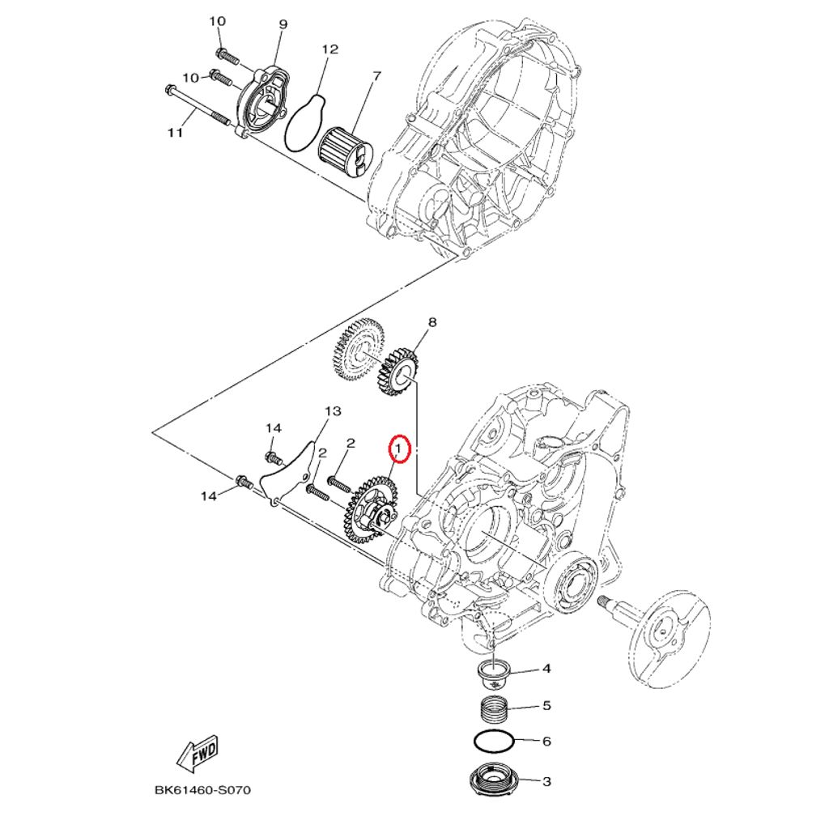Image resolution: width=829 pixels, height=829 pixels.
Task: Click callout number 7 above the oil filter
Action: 376,77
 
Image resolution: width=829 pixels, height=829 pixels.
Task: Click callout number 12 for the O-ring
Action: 329,50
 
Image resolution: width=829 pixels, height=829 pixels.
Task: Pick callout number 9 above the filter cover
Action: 283,24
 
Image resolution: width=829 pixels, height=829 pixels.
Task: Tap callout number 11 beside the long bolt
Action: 176,134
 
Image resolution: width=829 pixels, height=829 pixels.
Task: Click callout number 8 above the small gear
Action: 432,322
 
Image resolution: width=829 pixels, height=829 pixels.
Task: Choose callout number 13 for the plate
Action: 333,412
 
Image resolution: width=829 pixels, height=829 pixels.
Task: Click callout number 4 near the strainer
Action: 546,669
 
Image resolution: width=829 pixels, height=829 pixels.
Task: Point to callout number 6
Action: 546,741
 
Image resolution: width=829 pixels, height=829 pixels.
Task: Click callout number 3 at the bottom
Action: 546,782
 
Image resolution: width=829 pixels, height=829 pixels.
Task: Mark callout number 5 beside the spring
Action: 546,706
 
